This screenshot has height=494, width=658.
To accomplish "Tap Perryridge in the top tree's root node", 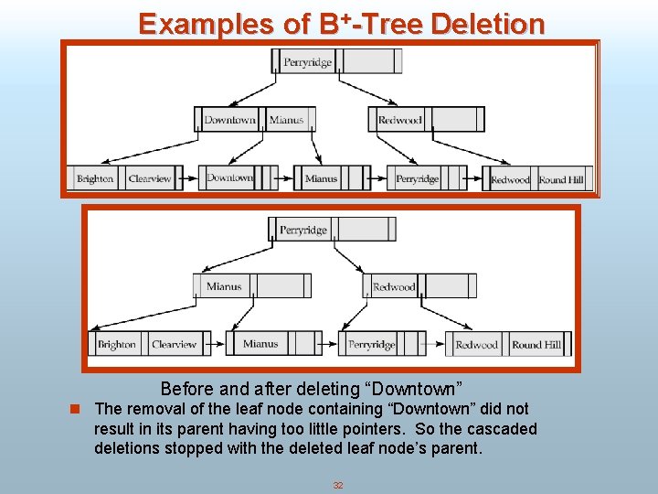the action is pyautogui.click(x=308, y=62).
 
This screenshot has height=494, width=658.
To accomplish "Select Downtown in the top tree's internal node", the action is pyautogui.click(x=229, y=120).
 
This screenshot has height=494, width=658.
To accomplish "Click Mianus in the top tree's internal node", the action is pyautogui.click(x=286, y=120).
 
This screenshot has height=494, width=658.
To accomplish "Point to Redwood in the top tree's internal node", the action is pyautogui.click(x=400, y=120).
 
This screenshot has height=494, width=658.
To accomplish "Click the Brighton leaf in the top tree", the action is pyautogui.click(x=95, y=179).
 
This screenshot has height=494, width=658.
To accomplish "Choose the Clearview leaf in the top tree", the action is pyautogui.click(x=150, y=179).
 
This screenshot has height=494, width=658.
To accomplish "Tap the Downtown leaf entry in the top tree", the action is pyautogui.click(x=229, y=177).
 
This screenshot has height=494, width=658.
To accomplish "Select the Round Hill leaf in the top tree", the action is pyautogui.click(x=561, y=179).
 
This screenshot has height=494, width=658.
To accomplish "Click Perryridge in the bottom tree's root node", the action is pyautogui.click(x=303, y=231).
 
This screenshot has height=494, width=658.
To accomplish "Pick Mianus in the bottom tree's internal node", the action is pyautogui.click(x=224, y=286).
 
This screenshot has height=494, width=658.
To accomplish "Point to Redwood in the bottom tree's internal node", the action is pyautogui.click(x=394, y=287).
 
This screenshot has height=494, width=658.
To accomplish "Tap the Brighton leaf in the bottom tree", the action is pyautogui.click(x=117, y=345).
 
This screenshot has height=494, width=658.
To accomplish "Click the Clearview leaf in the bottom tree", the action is pyautogui.click(x=174, y=345).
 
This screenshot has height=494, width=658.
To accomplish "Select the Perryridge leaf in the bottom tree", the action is pyautogui.click(x=371, y=345).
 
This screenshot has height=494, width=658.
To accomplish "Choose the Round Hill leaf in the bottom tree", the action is pyautogui.click(x=536, y=345).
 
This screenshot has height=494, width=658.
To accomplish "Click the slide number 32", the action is pyautogui.click(x=338, y=485).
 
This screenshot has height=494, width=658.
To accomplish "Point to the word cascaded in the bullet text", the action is pyautogui.click(x=504, y=429).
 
